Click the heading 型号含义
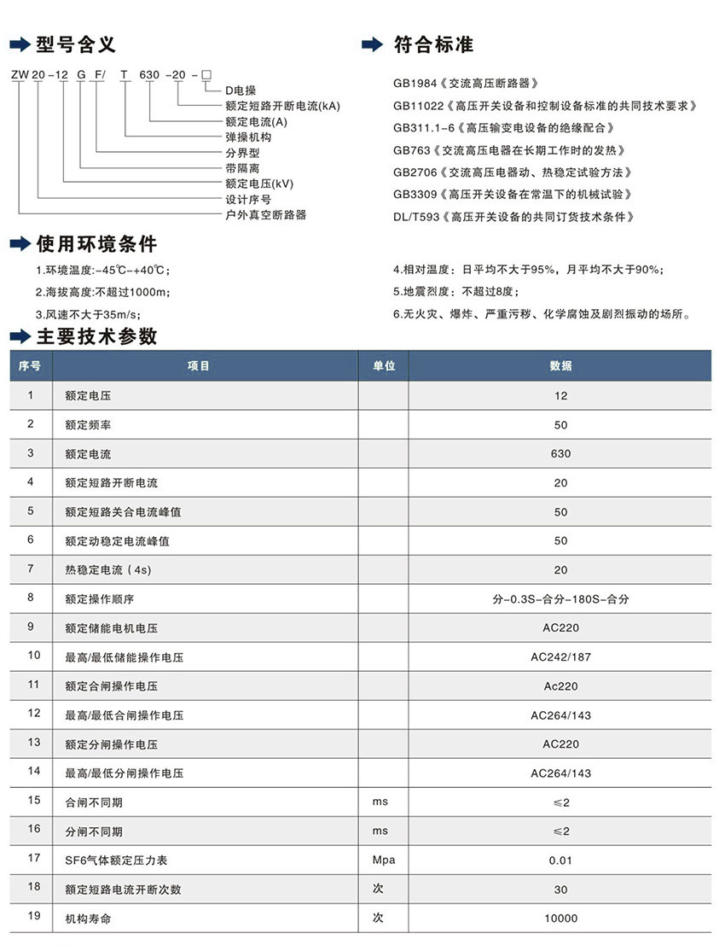75,44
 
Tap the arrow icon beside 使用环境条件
19,245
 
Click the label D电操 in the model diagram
241,90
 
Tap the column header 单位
384,365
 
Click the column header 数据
560,365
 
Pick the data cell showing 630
560,453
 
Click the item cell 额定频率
88,424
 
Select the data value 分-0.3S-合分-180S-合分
560,599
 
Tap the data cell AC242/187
560,657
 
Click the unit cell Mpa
384,860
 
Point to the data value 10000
560,919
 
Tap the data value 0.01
560,860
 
